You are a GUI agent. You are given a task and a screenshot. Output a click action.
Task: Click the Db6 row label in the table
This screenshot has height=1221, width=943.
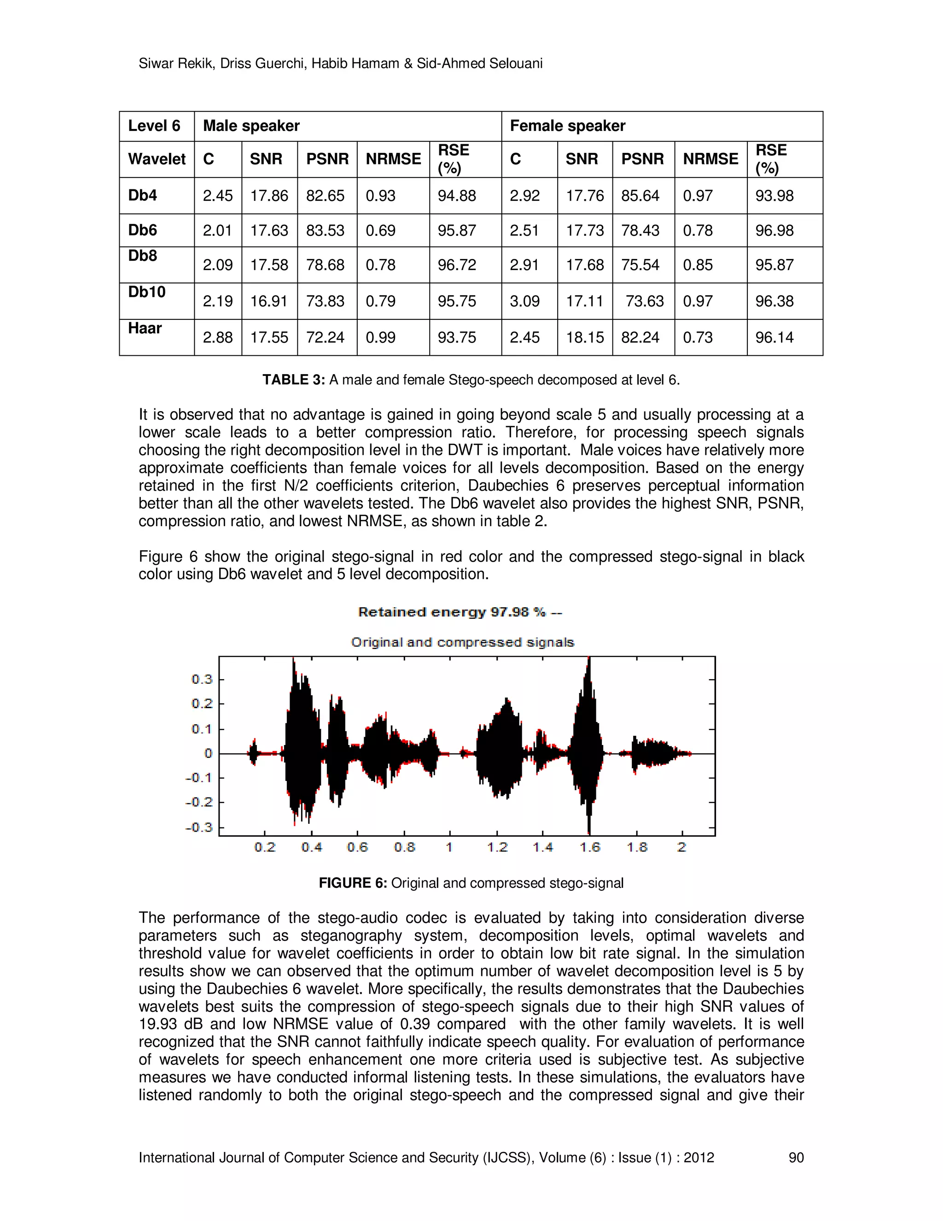142,230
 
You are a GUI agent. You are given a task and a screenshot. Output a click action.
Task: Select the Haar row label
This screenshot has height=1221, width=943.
145,328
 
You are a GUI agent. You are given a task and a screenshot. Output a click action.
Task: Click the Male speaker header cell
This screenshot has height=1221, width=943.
251,126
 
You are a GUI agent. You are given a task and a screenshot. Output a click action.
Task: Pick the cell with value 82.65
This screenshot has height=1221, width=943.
325,196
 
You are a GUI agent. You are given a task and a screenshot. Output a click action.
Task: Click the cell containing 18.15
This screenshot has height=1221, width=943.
584,337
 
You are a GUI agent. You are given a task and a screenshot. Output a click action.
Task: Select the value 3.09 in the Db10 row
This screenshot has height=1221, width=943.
524,301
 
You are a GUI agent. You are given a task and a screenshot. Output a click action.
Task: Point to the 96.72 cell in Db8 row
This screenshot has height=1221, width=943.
456,265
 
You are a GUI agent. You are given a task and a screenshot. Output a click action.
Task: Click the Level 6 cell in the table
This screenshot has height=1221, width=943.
154,126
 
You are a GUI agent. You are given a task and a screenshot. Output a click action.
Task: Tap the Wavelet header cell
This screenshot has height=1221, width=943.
157,159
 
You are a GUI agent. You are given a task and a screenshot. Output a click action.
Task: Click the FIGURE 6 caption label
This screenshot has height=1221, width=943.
353,883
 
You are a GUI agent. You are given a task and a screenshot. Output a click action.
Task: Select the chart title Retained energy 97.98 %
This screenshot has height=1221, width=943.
460,612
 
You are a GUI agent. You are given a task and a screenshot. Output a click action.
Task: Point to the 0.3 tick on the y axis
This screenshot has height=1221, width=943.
202,679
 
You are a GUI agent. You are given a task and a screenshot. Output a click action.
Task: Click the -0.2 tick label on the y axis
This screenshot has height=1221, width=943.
199,802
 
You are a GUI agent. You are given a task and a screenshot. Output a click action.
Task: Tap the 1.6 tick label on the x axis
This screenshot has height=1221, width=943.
589,847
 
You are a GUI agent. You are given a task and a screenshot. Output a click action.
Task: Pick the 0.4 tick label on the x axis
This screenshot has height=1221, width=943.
311,847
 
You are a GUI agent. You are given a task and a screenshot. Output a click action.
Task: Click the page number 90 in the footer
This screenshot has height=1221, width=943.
796,1158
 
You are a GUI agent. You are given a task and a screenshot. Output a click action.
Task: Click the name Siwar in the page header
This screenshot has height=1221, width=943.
156,64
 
